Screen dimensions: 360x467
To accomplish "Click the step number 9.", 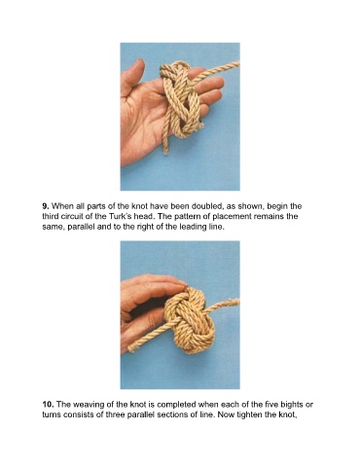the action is click(46, 206).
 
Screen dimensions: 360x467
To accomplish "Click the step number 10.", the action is click(48, 405).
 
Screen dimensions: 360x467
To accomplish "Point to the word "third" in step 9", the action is click(51, 216).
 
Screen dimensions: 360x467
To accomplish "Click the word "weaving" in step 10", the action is click(89, 405).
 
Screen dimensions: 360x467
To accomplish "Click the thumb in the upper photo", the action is click(132, 76).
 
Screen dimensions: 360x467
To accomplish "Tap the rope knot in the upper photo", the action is click(182, 97).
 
